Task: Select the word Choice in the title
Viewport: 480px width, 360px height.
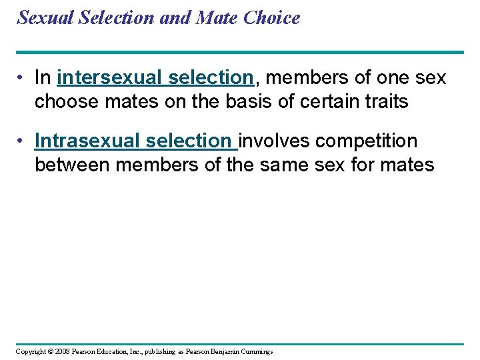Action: coord(272,18)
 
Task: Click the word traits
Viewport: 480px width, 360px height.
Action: coord(385,101)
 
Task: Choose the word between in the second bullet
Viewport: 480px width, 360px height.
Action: coord(73,165)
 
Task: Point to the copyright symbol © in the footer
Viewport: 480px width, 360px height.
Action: coord(51,352)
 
